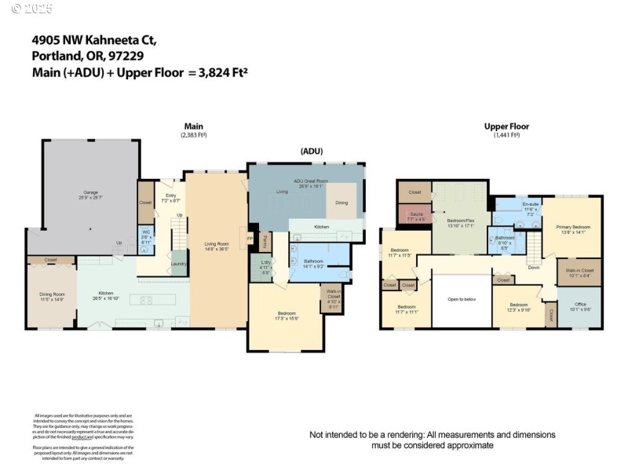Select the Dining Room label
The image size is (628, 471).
point(51,297)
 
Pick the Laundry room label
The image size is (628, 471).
point(178,264)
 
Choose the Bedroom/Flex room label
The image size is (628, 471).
point(461,223)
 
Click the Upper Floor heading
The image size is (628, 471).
point(506,126)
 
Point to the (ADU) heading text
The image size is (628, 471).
point(311,151)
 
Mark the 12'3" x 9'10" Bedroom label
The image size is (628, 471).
point(519,306)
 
